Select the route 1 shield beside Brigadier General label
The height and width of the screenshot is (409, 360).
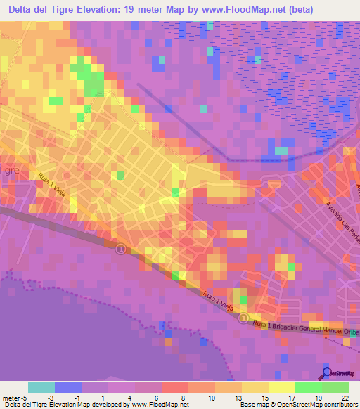click(243, 318)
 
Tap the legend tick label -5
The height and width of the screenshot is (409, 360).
click(25, 397)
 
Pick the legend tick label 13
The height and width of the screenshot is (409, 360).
click(229, 397)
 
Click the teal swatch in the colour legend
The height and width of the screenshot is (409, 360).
click(41, 387)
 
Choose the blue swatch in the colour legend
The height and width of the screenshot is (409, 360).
click(68, 387)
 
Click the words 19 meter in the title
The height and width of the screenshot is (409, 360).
click(138, 10)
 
